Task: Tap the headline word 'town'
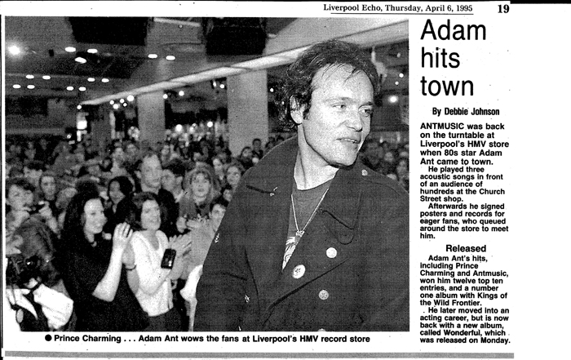point(447,85)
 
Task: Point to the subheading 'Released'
point(466,248)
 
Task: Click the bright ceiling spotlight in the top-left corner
point(15,50)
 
